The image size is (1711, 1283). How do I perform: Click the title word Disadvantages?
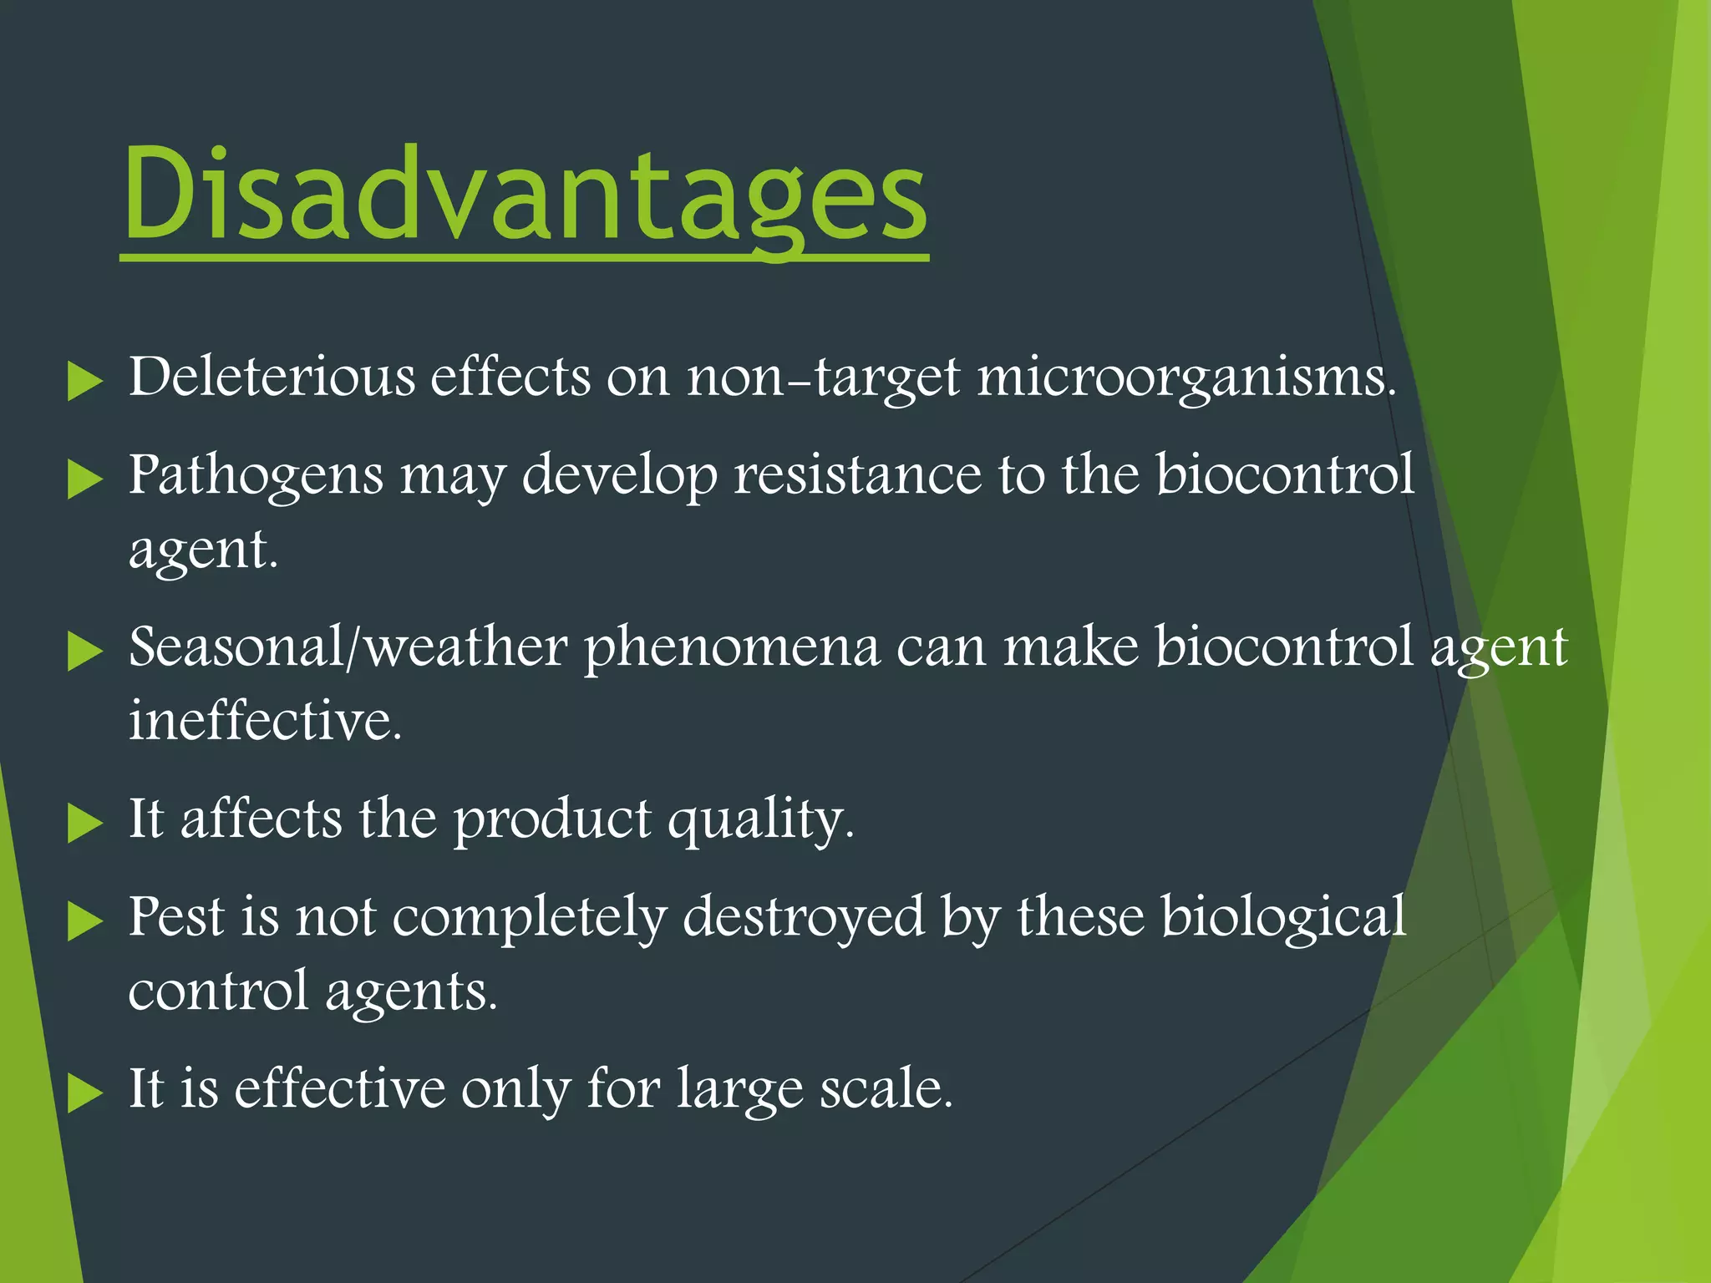click(x=525, y=194)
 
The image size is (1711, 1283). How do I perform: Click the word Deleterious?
click(x=272, y=377)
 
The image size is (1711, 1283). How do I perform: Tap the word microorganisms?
click(x=1186, y=377)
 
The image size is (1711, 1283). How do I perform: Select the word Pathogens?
click(x=256, y=475)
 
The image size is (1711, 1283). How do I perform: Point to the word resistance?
click(x=857, y=474)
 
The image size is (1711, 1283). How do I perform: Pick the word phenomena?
click(x=732, y=648)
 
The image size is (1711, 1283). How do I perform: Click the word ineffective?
click(x=265, y=720)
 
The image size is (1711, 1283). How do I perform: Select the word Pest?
click(x=176, y=916)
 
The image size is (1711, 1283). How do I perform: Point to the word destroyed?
click(x=804, y=916)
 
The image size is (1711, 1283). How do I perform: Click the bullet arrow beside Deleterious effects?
click(x=84, y=381)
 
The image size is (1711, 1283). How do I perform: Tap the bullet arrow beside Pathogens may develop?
click(x=84, y=479)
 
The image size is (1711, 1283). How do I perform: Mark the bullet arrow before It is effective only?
click(x=84, y=1093)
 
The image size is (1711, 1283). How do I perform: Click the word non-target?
click(x=823, y=378)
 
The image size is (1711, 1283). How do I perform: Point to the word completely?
click(x=529, y=918)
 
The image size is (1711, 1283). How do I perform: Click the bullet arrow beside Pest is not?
click(x=84, y=921)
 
